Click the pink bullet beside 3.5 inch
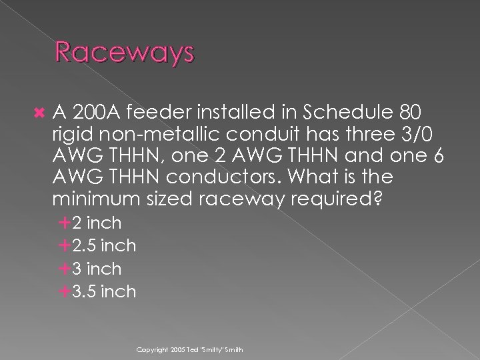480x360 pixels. (x=65, y=292)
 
